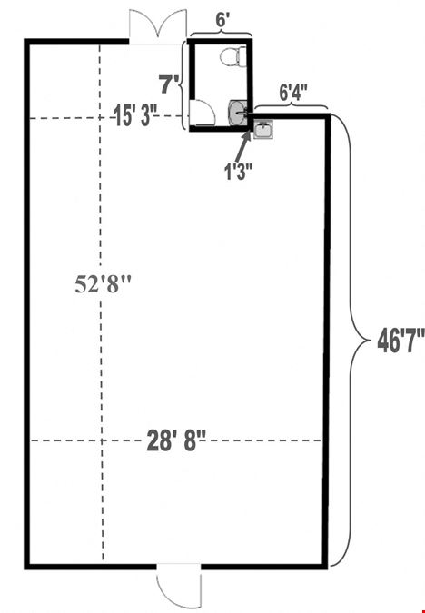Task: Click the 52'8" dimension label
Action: pos(104,284)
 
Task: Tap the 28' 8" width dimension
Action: pos(176,440)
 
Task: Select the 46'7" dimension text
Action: pos(400,341)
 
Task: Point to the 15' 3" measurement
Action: pos(135,115)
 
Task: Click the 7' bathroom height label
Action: pos(170,84)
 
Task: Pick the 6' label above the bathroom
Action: pos(222,20)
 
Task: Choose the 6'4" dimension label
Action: pos(292,94)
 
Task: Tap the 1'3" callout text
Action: pos(238,172)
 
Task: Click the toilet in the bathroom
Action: pos(233,56)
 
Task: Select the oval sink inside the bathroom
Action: pos(237,113)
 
